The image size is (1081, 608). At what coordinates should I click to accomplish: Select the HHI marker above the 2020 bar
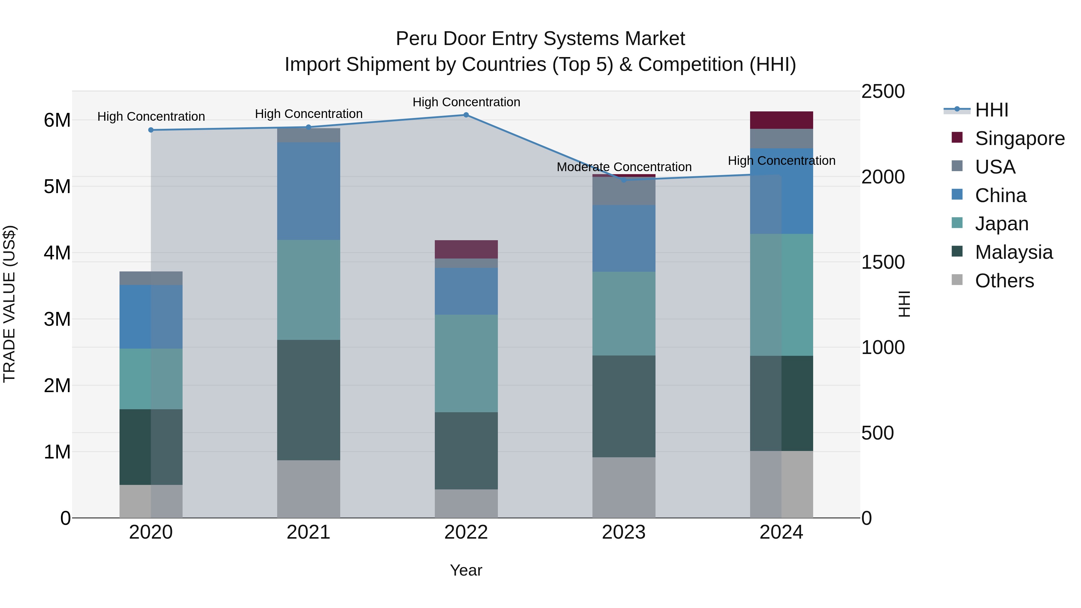coord(151,130)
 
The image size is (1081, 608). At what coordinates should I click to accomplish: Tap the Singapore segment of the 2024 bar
coord(781,120)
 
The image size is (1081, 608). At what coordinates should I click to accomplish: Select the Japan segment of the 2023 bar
coord(624,313)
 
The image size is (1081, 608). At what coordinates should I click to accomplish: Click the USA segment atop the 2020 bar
coord(151,278)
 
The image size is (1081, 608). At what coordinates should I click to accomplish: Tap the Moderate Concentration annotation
coord(624,167)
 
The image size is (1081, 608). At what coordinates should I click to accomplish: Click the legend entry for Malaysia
coord(1013,252)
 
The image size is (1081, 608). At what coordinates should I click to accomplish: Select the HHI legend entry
coord(991,110)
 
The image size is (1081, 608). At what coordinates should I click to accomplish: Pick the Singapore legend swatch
coord(957,138)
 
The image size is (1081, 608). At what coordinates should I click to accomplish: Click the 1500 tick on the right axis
coord(883,262)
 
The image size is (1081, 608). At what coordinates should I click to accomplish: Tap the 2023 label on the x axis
coord(624,532)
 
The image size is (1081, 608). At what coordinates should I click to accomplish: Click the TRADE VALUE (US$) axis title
coord(10,304)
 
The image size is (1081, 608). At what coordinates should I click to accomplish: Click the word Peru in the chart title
coord(416,39)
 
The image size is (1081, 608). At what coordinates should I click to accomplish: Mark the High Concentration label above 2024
coord(781,161)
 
